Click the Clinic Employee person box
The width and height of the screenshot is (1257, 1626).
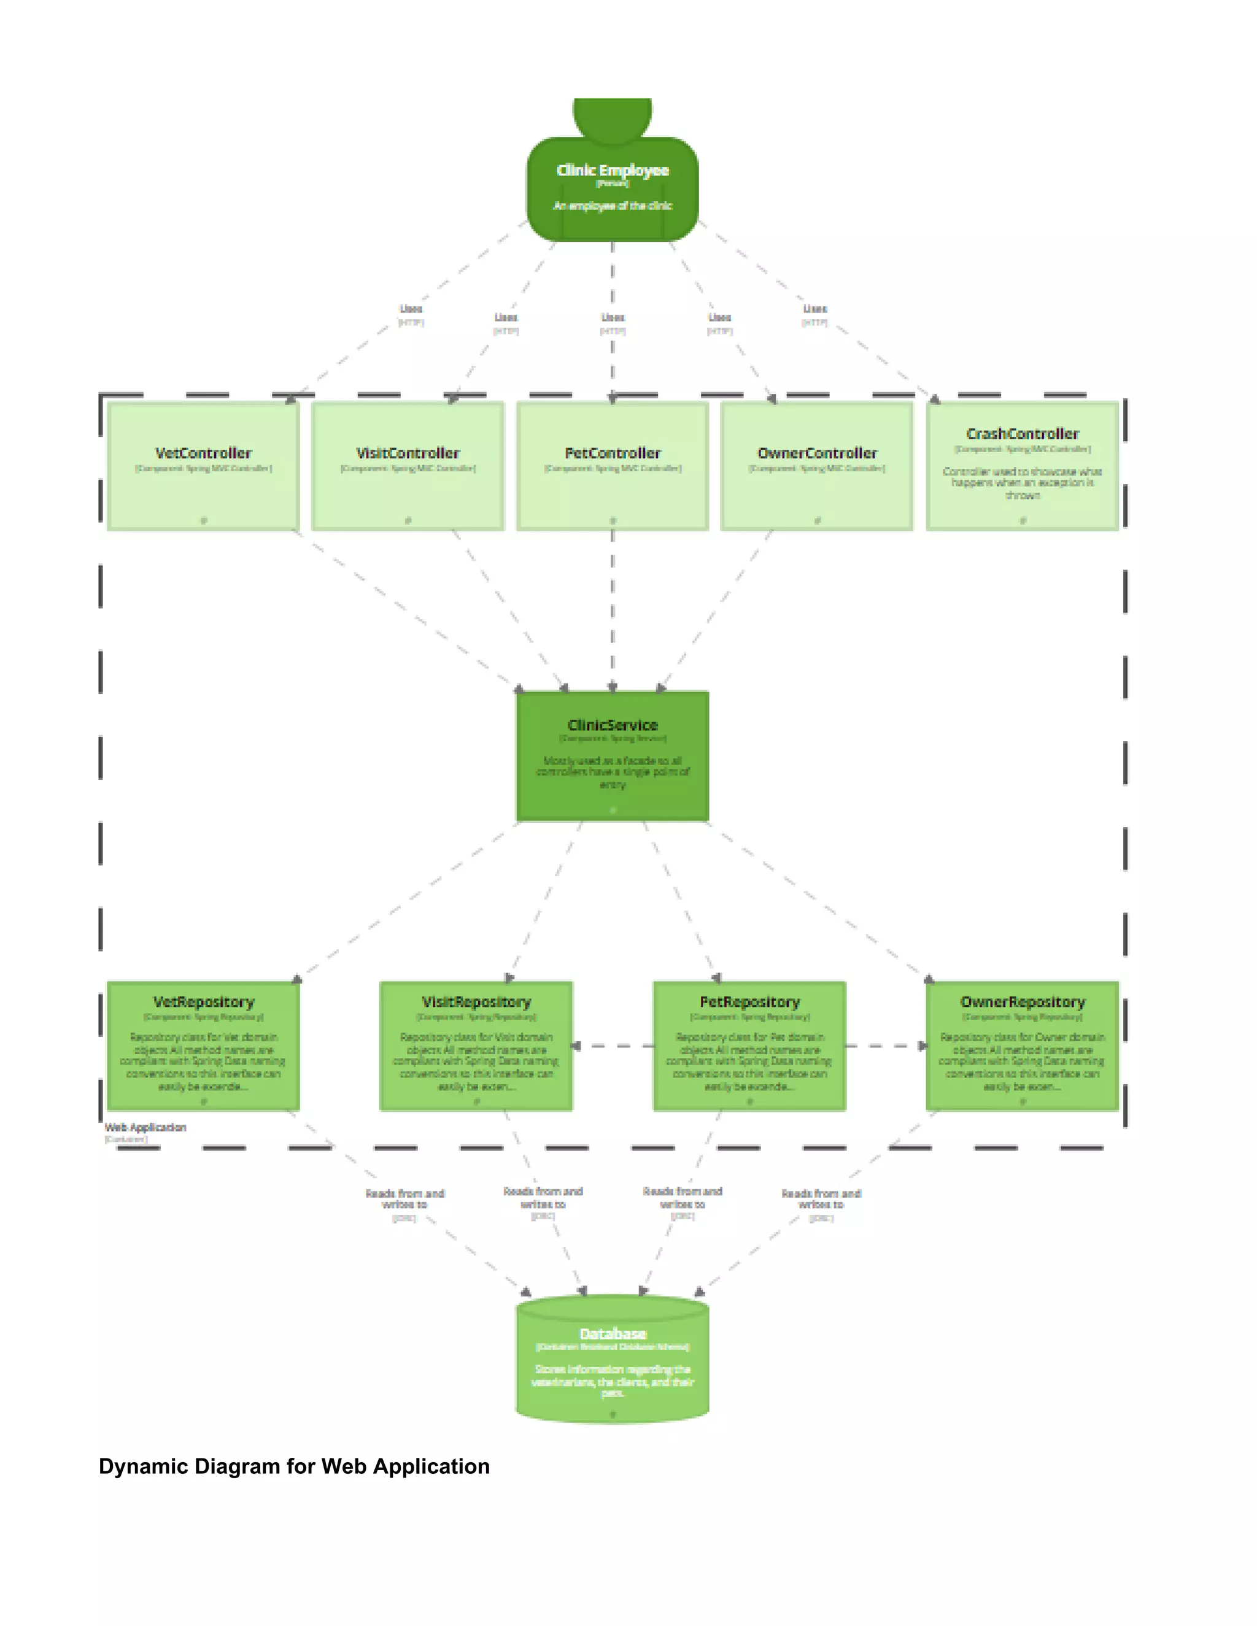[612, 188]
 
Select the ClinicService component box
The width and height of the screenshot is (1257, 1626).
[612, 756]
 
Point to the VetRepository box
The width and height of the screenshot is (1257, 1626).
[203, 1046]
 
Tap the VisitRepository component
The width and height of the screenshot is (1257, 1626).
[476, 1046]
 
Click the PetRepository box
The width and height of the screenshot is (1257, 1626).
[749, 1046]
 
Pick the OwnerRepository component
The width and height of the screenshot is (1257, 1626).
[1023, 1046]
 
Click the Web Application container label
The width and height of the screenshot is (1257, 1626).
[145, 1127]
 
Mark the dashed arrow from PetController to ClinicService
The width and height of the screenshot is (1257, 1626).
[612, 611]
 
